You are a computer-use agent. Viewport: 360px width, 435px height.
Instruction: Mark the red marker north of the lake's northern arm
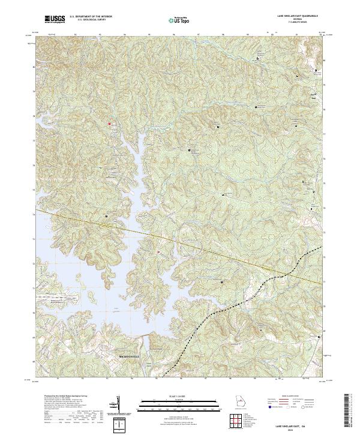(x=109, y=124)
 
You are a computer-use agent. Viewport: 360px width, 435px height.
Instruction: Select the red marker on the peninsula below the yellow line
(x=158, y=252)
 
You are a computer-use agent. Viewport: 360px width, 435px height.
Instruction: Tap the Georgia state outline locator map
(x=238, y=404)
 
